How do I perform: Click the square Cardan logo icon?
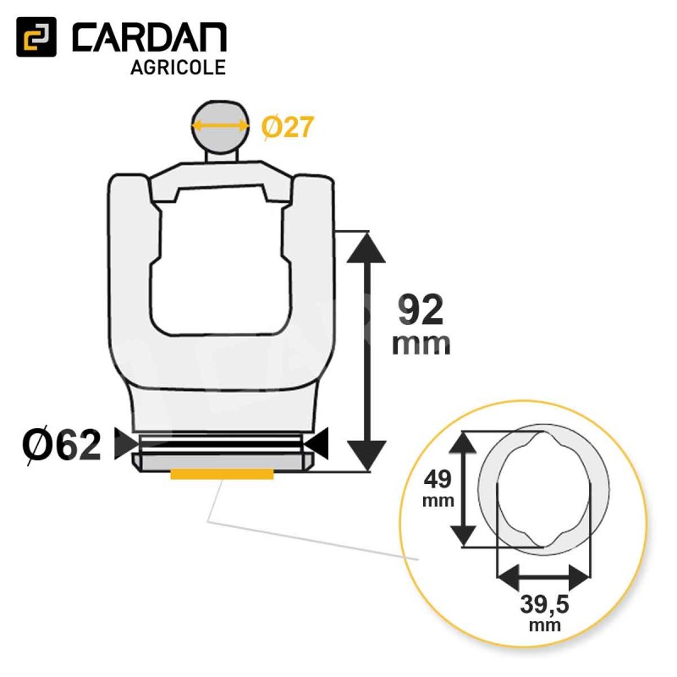36,36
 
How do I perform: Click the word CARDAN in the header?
150,37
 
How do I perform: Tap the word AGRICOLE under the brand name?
179,68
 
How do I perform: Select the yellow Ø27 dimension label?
288,128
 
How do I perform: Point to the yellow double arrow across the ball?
221,126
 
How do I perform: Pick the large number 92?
421,310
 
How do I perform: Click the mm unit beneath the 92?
421,344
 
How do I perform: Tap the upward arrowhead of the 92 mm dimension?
366,248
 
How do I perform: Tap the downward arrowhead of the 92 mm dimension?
366,456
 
